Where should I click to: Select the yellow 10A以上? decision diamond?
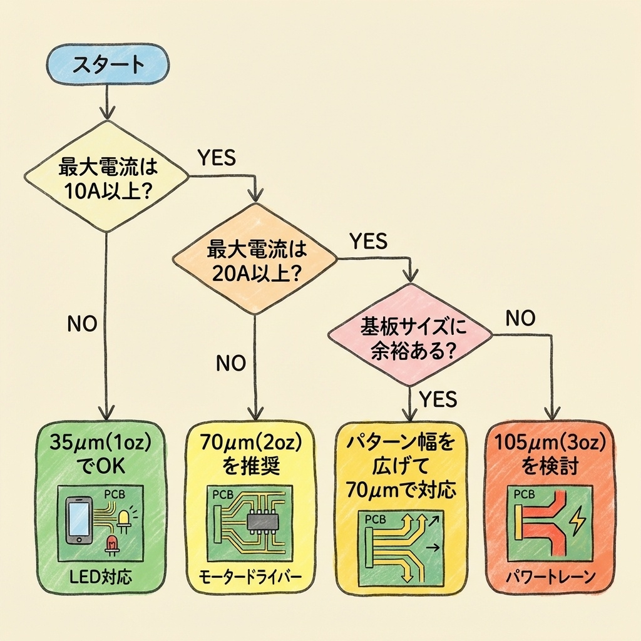(106, 178)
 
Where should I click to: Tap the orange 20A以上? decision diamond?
(255, 261)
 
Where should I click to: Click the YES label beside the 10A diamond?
(216, 157)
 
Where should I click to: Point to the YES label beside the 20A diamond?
(368, 241)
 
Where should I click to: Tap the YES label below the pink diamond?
(438, 398)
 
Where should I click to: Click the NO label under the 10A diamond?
(81, 324)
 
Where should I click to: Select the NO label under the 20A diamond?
(231, 363)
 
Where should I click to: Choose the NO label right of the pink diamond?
(520, 319)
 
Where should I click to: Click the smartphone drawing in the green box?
(79, 520)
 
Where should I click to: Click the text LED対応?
(102, 576)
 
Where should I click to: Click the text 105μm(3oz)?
(550, 442)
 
